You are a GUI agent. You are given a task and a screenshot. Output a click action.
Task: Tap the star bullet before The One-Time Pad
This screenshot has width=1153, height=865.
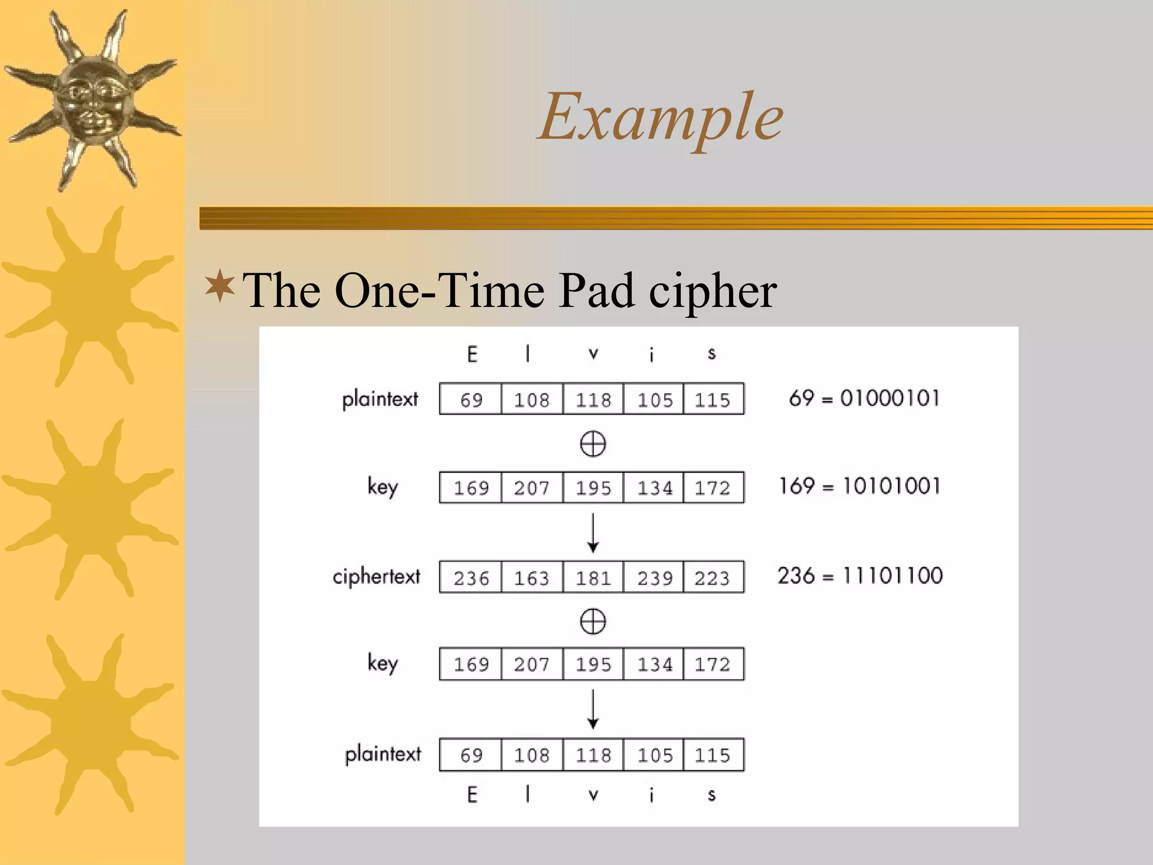(220, 287)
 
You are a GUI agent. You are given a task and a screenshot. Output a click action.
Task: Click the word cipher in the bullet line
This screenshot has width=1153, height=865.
(713, 291)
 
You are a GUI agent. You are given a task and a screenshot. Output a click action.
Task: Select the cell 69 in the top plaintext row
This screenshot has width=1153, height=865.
(471, 399)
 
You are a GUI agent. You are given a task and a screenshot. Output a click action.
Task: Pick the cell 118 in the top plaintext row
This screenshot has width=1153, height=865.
(593, 399)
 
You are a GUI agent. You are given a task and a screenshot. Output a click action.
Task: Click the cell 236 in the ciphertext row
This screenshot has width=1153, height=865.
(471, 577)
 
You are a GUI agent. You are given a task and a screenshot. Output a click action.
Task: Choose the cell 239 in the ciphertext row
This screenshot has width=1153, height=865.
(654, 577)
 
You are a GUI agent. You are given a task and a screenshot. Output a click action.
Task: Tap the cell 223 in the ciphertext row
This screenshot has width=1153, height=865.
(712, 577)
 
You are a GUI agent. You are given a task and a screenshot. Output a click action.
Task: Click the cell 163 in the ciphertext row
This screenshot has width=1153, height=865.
(531, 577)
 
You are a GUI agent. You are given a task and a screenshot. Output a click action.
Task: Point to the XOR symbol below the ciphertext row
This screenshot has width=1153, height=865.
(593, 622)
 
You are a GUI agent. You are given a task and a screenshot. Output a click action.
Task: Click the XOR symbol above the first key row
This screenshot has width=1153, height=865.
(593, 444)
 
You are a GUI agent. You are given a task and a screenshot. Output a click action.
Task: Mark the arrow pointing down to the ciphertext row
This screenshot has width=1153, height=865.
(593, 532)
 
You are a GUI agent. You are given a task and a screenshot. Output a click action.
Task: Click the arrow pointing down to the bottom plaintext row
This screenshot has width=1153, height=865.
(593, 710)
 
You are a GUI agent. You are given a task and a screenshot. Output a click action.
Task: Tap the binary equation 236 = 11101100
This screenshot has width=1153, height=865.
(860, 576)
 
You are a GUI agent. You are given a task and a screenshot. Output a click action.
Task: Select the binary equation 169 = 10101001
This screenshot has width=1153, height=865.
(860, 486)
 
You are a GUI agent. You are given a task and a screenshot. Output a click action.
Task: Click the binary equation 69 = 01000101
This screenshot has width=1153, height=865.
(864, 398)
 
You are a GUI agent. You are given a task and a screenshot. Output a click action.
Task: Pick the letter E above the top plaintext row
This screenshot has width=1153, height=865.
(472, 354)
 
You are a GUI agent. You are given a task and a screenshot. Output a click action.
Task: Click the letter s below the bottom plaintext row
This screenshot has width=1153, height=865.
(712, 795)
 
